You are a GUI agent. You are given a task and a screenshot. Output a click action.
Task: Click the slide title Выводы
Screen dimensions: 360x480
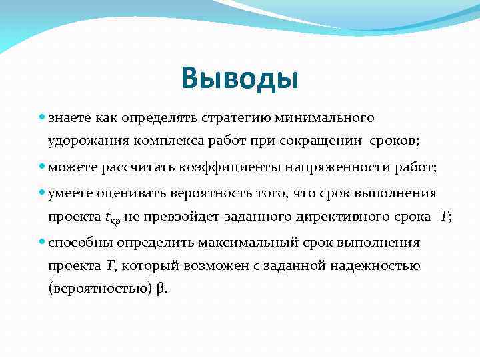(239, 78)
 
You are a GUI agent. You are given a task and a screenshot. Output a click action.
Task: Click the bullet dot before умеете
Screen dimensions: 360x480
(42, 193)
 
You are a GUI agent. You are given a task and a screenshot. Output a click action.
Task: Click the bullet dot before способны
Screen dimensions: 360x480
(42, 242)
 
